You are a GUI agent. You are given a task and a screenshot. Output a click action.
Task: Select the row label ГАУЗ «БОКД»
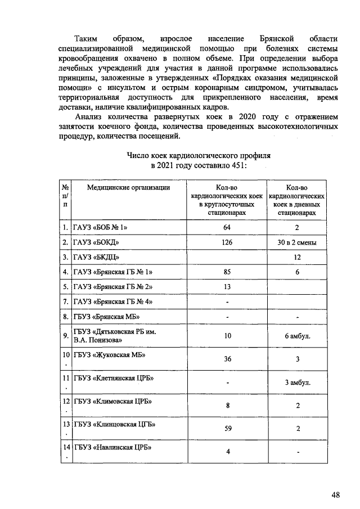pos(96,242)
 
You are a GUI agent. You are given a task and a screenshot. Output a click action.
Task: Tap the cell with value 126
pos(227,242)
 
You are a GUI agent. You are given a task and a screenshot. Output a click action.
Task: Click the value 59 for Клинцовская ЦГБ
pos(228,429)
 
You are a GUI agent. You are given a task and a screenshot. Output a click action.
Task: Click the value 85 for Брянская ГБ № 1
pos(227,272)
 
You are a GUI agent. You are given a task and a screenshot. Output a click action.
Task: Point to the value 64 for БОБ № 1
pos(227,228)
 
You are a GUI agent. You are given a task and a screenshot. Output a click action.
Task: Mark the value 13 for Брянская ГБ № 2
pos(227,286)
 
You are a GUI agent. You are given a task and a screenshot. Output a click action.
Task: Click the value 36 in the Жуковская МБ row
pos(228,359)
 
